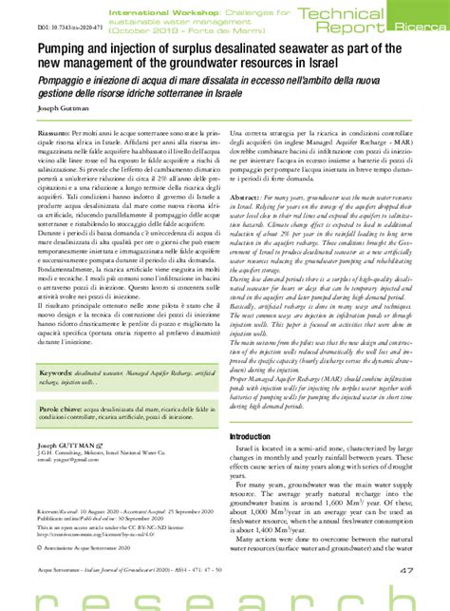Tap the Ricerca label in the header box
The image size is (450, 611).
coord(412,28)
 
